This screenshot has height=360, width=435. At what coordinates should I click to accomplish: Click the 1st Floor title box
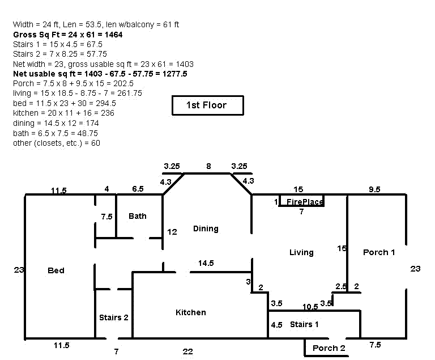(x=207, y=105)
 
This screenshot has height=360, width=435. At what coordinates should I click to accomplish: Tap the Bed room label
(x=56, y=270)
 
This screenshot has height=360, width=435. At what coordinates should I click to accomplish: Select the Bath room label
(x=137, y=216)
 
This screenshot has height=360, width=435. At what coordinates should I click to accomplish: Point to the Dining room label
(x=206, y=228)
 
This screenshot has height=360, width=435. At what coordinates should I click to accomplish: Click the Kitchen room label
(x=191, y=312)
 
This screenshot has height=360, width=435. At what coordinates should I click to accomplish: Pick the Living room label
(x=301, y=252)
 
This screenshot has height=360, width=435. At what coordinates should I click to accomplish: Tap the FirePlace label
(x=305, y=202)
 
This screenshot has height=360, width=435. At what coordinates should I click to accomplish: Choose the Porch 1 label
(x=379, y=252)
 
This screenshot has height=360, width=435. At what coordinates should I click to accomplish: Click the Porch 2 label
(x=329, y=348)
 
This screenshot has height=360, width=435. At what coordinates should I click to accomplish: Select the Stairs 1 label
(x=304, y=324)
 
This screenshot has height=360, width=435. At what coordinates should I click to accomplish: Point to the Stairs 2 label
(x=114, y=317)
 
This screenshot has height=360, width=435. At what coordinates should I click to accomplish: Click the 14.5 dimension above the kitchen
(x=206, y=263)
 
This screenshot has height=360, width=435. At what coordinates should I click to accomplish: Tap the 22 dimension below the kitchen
(x=188, y=351)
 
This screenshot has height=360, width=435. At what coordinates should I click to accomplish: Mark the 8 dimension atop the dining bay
(x=208, y=167)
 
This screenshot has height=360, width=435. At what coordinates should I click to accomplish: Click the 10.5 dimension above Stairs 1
(x=310, y=307)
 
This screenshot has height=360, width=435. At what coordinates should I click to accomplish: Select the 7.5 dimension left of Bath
(x=106, y=217)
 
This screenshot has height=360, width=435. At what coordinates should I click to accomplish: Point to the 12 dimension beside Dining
(x=172, y=231)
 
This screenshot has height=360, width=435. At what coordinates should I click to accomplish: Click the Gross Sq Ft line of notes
(x=68, y=35)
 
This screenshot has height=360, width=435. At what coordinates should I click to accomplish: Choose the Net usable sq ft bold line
(x=100, y=74)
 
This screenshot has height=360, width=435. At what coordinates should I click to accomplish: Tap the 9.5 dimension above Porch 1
(x=374, y=189)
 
